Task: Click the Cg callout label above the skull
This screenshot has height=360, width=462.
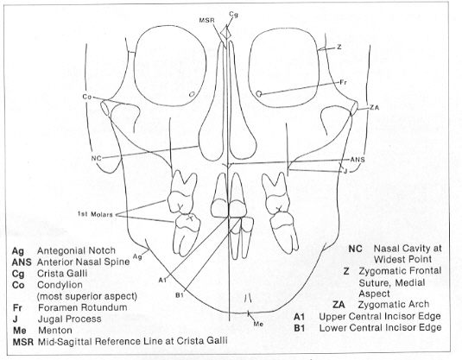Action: click(x=233, y=14)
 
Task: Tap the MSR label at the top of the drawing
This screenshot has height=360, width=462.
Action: click(x=206, y=21)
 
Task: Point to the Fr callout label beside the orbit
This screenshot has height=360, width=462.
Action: click(x=343, y=83)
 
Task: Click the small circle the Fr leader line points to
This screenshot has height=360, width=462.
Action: click(x=259, y=94)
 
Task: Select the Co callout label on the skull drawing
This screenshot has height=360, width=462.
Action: click(x=86, y=97)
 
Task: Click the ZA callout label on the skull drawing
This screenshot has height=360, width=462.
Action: click(x=374, y=108)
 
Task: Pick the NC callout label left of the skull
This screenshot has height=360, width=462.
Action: click(x=96, y=158)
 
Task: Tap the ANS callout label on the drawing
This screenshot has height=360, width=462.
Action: click(x=358, y=160)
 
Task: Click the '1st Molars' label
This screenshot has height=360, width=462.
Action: click(x=95, y=214)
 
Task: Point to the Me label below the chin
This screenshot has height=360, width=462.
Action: click(x=258, y=324)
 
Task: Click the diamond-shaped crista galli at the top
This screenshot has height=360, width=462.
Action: click(x=226, y=32)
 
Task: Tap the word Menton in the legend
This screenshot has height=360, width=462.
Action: click(x=55, y=331)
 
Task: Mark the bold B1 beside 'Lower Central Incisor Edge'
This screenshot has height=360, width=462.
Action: click(x=300, y=327)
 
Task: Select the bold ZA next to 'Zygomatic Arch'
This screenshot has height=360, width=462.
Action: click(x=339, y=305)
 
